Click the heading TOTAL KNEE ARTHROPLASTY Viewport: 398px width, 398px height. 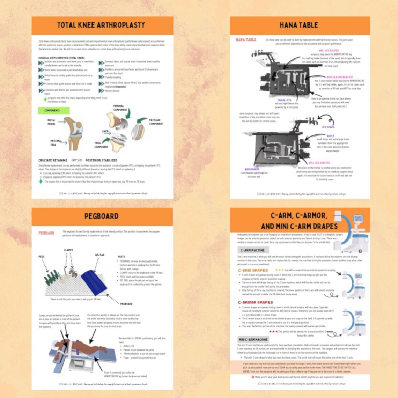tap(101, 25)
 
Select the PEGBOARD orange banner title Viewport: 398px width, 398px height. tap(101, 216)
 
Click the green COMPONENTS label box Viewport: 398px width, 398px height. tap(53, 111)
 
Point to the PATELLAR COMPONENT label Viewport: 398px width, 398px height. tap(156, 122)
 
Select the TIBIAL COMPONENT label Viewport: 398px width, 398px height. tap(101, 145)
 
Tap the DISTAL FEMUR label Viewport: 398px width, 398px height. tap(51, 122)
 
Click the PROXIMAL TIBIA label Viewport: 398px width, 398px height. tap(56, 143)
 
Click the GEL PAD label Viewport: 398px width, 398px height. tap(99, 255)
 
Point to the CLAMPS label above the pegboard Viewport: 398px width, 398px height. tap(68, 250)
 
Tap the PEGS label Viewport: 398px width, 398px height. tap(42, 257)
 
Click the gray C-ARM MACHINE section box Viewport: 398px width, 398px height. tap(253, 250)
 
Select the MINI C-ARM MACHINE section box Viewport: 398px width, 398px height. tap(253, 339)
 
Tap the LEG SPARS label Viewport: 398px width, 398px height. tap(328, 127)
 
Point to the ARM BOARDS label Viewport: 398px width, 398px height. tap(252, 169)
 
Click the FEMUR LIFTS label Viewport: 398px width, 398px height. tap(284, 100)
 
